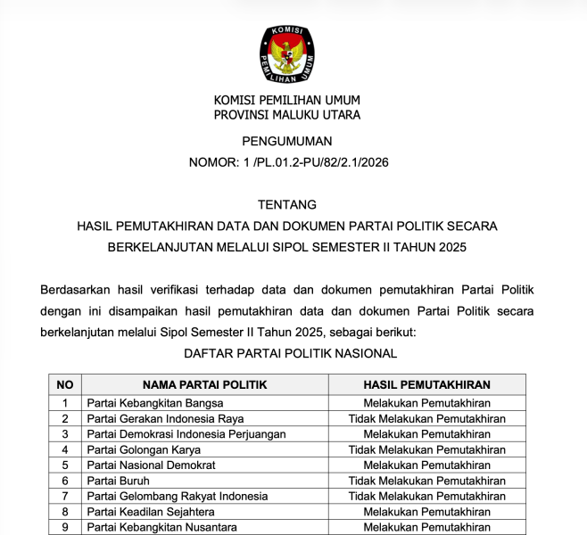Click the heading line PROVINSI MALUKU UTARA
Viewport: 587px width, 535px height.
(x=286, y=115)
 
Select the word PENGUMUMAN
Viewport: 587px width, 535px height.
(x=286, y=141)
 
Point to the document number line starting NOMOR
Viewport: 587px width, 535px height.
(x=288, y=162)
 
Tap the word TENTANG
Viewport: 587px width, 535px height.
(x=286, y=204)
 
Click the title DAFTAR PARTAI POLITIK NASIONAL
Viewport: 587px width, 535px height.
(x=290, y=354)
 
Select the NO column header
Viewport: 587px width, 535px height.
(x=64, y=385)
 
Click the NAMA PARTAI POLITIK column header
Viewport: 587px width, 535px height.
(x=204, y=385)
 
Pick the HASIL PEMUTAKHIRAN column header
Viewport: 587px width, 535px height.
(x=426, y=385)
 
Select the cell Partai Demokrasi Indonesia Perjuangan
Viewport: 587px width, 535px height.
(x=186, y=434)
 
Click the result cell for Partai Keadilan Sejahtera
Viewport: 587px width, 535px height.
(x=426, y=512)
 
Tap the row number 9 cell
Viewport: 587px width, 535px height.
(x=64, y=527)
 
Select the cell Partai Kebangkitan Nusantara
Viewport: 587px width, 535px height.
(x=162, y=527)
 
